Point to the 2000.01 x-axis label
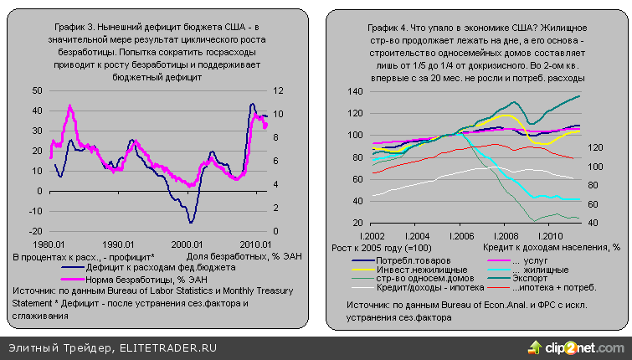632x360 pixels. (189, 244)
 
